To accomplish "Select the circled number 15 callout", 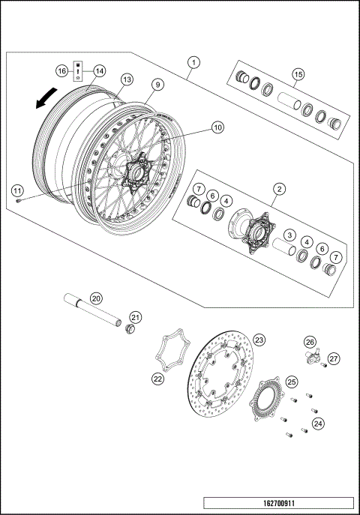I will click(x=298, y=73).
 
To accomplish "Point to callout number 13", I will click(x=127, y=79).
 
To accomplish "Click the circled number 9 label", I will click(x=157, y=85).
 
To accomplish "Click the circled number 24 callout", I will click(x=319, y=424).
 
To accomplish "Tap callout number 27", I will click(x=335, y=358).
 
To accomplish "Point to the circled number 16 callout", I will click(x=63, y=70).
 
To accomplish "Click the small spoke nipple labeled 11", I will click(x=19, y=201).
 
